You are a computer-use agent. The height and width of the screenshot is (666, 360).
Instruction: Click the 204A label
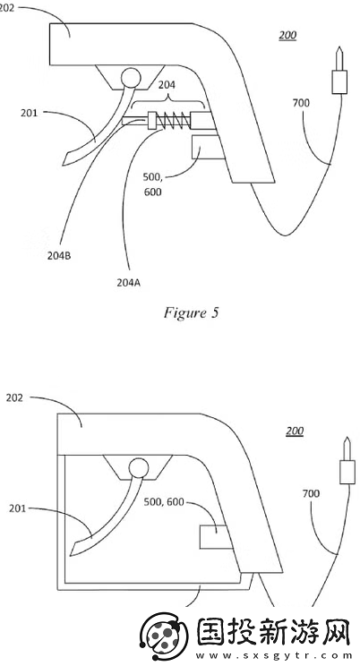(128, 283)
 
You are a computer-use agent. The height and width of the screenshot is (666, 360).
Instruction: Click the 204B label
(59, 256)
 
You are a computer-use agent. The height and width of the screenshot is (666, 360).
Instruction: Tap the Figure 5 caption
(191, 313)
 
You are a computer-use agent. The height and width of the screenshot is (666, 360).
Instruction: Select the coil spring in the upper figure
(174, 121)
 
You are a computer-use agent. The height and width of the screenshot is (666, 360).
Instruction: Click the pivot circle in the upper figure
(131, 78)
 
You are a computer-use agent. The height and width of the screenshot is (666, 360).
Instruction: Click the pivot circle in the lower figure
(139, 468)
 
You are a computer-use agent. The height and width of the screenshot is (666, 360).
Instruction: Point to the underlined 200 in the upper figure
(287, 35)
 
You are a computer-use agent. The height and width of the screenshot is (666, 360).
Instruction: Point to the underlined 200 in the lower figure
(295, 431)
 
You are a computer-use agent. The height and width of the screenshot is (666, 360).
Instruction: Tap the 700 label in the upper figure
(301, 103)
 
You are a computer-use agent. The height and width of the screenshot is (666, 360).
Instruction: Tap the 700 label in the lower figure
(311, 493)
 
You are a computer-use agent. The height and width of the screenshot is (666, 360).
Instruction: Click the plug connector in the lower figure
(347, 461)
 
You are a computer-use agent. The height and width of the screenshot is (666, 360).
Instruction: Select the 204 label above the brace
(167, 85)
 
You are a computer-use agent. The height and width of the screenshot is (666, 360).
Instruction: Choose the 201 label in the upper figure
(29, 113)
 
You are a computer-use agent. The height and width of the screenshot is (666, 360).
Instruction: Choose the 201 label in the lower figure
(17, 508)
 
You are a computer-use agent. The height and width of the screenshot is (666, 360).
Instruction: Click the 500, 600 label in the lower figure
(164, 502)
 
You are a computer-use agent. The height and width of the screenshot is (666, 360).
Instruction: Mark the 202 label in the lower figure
(14, 398)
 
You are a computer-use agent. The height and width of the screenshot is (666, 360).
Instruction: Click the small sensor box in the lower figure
(216, 536)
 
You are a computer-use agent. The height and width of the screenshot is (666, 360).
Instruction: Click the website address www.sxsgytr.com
(274, 655)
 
